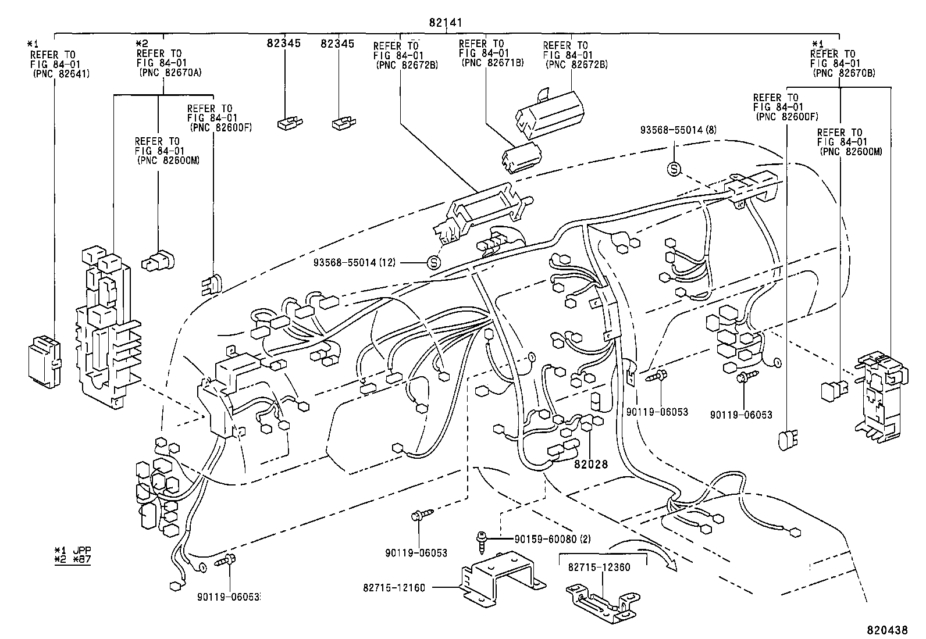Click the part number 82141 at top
[x=446, y=23]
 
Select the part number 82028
[x=590, y=464]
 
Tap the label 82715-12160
[x=393, y=588]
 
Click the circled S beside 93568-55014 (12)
[x=434, y=263]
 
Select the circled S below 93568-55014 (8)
[x=674, y=169]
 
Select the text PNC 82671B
[x=492, y=62]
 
